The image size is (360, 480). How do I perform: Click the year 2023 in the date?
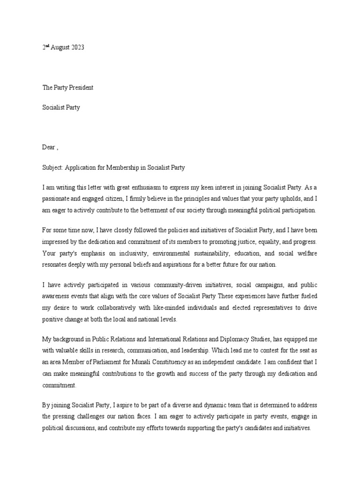77,48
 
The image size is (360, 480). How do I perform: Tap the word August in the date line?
59,48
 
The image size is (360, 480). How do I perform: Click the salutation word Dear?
49,147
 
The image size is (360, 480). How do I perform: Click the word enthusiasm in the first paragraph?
134,187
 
